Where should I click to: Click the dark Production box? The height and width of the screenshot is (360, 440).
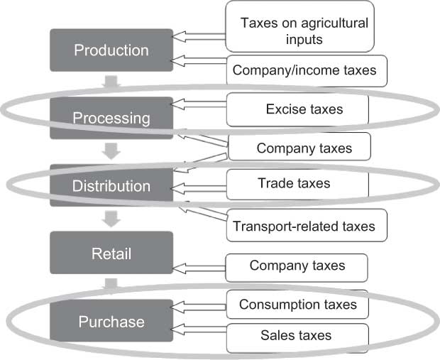[x=111, y=50]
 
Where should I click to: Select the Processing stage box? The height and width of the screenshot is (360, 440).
[x=111, y=118]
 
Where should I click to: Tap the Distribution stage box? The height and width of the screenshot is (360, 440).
[x=111, y=186]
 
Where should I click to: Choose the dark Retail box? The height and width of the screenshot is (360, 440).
[x=111, y=253]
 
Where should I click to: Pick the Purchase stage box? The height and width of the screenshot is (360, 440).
[x=111, y=322]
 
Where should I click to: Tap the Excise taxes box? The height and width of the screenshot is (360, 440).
[x=298, y=109]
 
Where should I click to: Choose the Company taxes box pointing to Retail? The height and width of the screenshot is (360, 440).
[x=297, y=266]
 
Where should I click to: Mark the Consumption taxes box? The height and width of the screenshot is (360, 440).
[x=297, y=305]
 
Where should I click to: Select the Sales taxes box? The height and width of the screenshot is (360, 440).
[x=297, y=335]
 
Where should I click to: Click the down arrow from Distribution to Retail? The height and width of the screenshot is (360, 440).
[x=111, y=219]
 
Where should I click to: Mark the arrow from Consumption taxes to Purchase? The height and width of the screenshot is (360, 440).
[x=200, y=306]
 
